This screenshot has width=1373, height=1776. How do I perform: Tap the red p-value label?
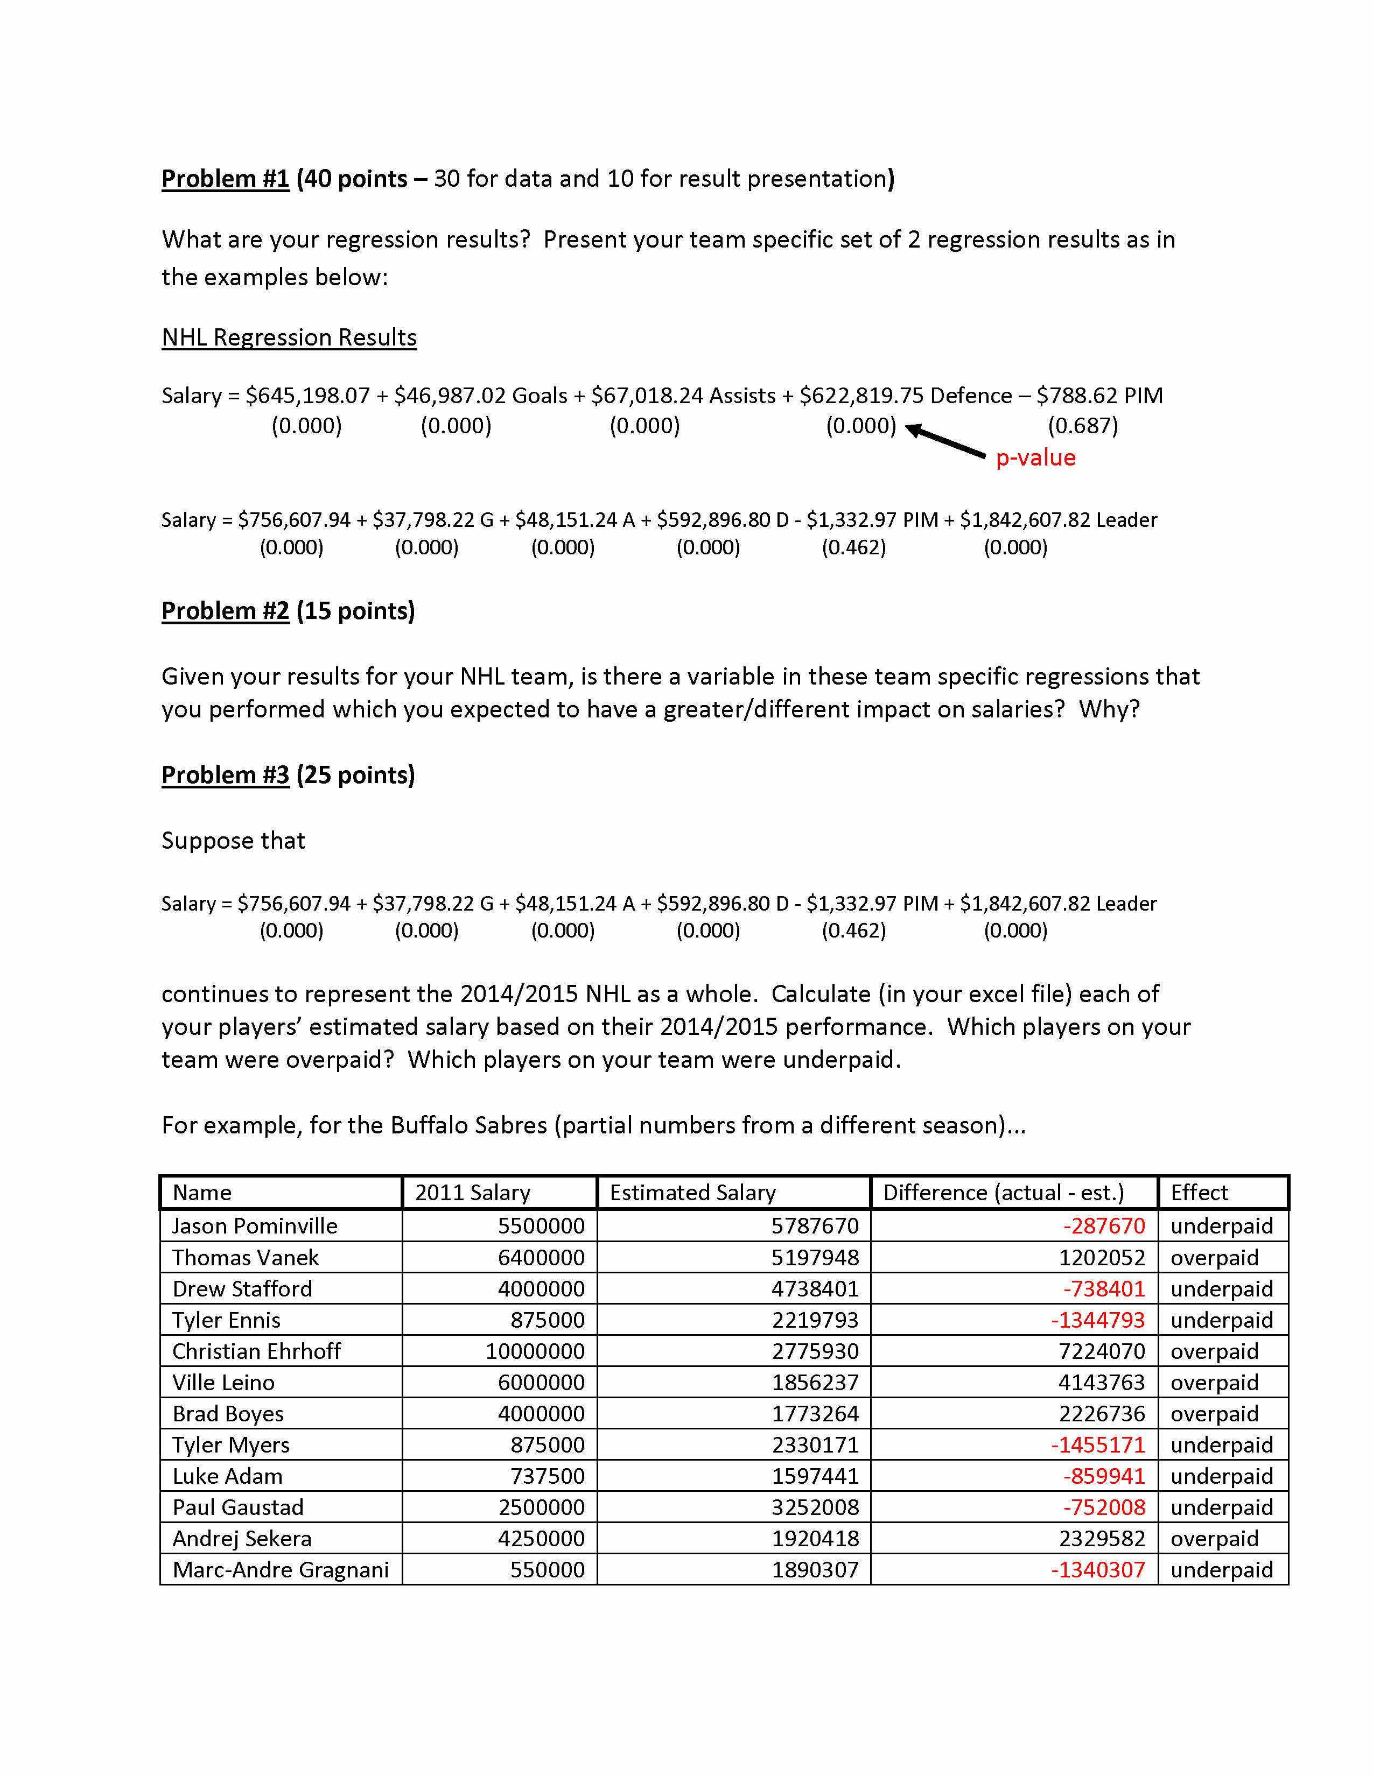[x=1035, y=458]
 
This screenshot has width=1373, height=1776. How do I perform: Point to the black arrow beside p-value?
[x=945, y=441]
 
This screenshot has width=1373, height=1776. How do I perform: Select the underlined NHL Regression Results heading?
[x=289, y=337]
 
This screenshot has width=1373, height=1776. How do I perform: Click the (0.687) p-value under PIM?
[x=1083, y=425]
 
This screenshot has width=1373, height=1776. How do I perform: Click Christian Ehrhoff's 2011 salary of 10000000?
[x=535, y=1351]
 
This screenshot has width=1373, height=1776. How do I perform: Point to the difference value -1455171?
[x=1098, y=1445]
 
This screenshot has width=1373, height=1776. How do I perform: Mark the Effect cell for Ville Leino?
[x=1214, y=1383]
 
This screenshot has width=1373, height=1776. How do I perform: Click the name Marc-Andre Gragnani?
[x=281, y=1569]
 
